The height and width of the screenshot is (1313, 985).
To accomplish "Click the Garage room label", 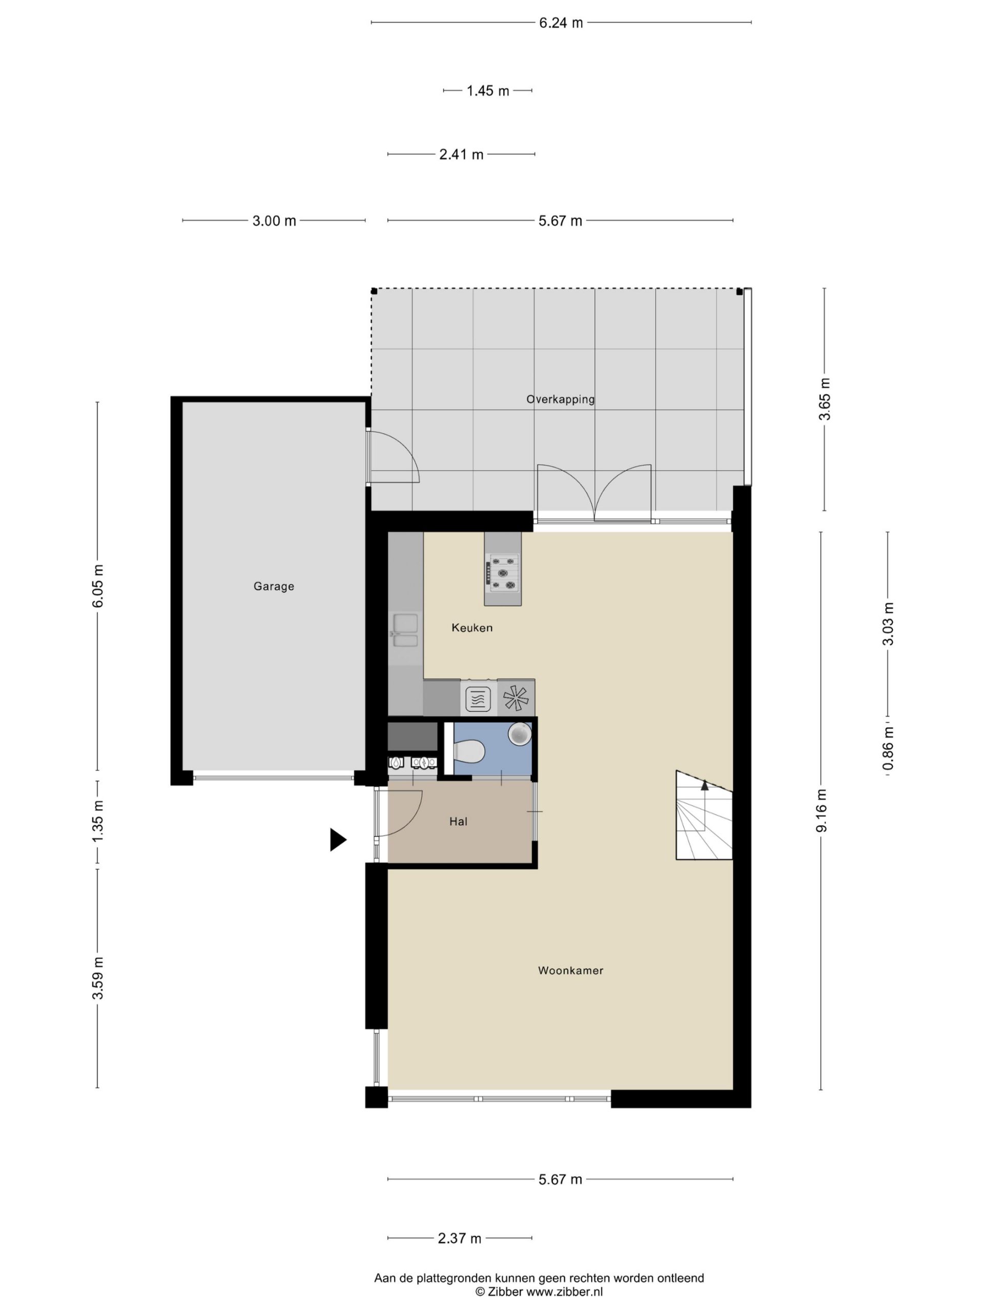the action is coord(274,586).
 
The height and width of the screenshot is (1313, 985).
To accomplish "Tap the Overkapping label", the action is coord(560,400).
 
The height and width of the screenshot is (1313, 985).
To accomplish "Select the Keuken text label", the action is coord(472,627).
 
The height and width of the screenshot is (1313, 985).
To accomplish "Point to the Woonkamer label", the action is coord(570,970).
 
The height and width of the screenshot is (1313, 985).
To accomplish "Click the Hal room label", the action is coord(458,822).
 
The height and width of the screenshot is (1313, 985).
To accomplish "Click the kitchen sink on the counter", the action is coord(405,630).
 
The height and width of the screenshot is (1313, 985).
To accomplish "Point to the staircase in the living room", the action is coord(703,815).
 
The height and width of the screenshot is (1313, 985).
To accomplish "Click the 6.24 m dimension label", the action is coord(561,23).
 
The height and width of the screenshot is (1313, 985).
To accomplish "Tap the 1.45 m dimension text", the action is coord(487,91).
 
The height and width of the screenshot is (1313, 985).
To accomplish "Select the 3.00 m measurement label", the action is coord(274,221).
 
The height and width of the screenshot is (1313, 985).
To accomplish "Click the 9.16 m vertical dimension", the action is coord(822,811).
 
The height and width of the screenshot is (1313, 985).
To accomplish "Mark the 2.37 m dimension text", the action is coord(460,1238).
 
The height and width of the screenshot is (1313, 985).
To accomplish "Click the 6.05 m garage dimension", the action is coord(98,585).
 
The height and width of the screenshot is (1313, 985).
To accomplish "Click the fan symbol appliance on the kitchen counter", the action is coord(516,698).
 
